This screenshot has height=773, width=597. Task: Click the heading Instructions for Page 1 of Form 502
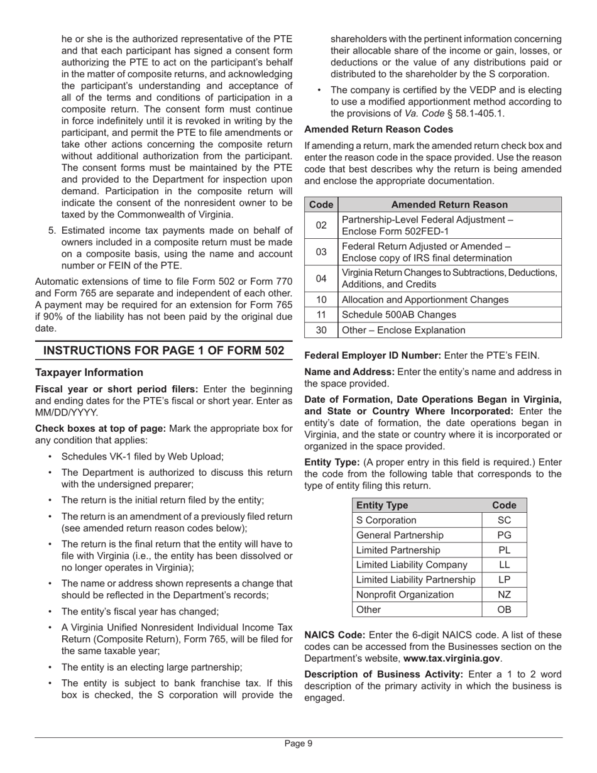pos(163,351)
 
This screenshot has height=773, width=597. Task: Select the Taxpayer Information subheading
pos(89,373)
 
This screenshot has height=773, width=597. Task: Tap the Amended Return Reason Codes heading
pos(378,129)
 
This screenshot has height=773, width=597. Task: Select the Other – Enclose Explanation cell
pos(403,330)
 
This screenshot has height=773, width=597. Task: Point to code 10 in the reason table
pos(321,300)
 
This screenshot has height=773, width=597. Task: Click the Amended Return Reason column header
pos(449,205)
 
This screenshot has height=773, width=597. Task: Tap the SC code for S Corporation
pos(504,520)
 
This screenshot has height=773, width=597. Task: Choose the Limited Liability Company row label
pos(412,565)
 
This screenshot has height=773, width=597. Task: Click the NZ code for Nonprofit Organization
pos(504,595)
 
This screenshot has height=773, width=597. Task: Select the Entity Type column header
pos(382,505)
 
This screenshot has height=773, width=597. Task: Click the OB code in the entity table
pos(504,610)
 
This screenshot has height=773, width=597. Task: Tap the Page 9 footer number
pos(298,743)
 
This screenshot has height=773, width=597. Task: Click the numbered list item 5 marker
pos(52,231)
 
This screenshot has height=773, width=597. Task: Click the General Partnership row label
pos(400,535)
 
